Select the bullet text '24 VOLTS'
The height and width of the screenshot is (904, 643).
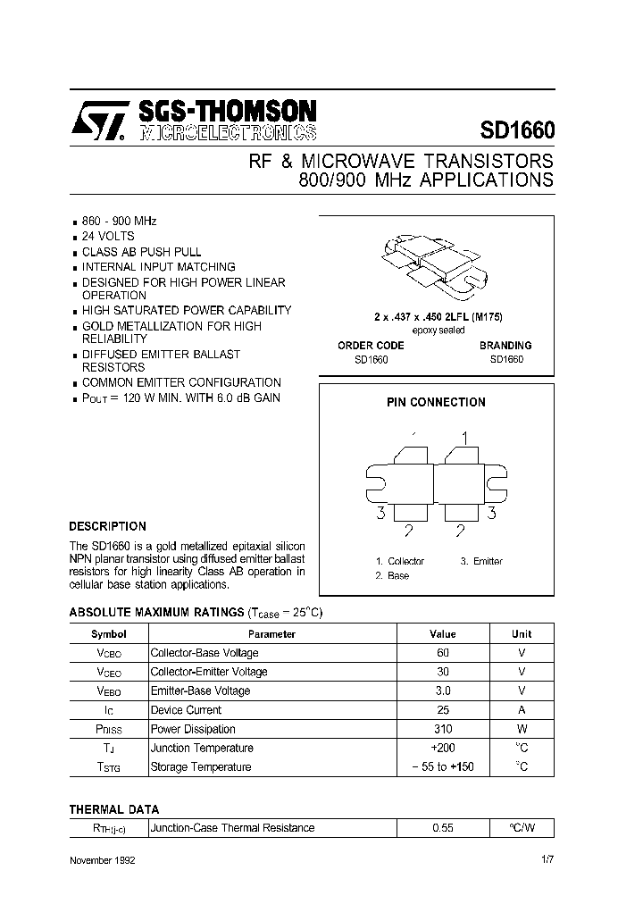[108, 237]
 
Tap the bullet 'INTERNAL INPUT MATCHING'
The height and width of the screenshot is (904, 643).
[159, 266]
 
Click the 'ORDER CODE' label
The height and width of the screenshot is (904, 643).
[371, 345]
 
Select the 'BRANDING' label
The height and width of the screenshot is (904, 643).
[505, 345]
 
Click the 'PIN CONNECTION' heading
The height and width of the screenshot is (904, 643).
[436, 402]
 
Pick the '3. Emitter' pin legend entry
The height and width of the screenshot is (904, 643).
[481, 561]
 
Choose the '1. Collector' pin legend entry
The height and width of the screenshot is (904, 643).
[399, 561]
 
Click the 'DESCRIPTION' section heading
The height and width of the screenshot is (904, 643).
[107, 526]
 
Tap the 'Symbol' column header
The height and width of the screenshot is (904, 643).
[109, 634]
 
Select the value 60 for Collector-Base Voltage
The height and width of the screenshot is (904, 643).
[443, 653]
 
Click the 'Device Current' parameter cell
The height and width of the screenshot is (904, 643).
[186, 710]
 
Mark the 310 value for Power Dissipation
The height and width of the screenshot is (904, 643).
[443, 729]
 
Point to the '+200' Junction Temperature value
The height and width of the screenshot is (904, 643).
[443, 748]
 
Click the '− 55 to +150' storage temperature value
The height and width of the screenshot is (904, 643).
[443, 766]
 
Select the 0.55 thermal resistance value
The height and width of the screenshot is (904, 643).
[443, 828]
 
